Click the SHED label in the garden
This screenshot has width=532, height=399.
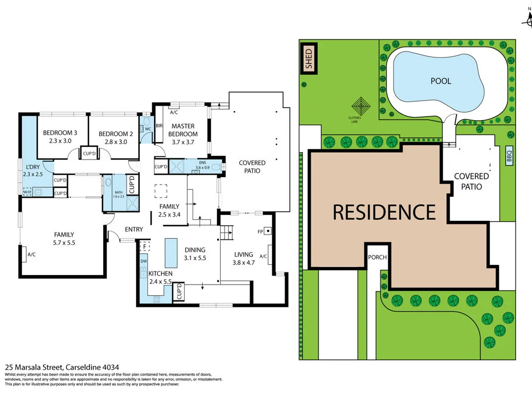coord(308,59)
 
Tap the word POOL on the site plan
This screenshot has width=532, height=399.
coord(441,81)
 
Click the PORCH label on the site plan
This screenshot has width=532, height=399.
coord(377,257)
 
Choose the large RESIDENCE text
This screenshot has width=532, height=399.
coord(384,212)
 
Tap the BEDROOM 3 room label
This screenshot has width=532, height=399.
coord(60,137)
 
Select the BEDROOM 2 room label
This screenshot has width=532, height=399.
coord(115,137)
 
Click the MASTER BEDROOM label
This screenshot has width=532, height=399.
coord(184,130)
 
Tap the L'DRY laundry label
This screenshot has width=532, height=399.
coord(32,171)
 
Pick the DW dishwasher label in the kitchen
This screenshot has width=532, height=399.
coord(144,261)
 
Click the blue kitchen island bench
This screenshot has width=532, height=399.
coord(171,253)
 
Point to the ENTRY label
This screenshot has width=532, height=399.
coord(134,229)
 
